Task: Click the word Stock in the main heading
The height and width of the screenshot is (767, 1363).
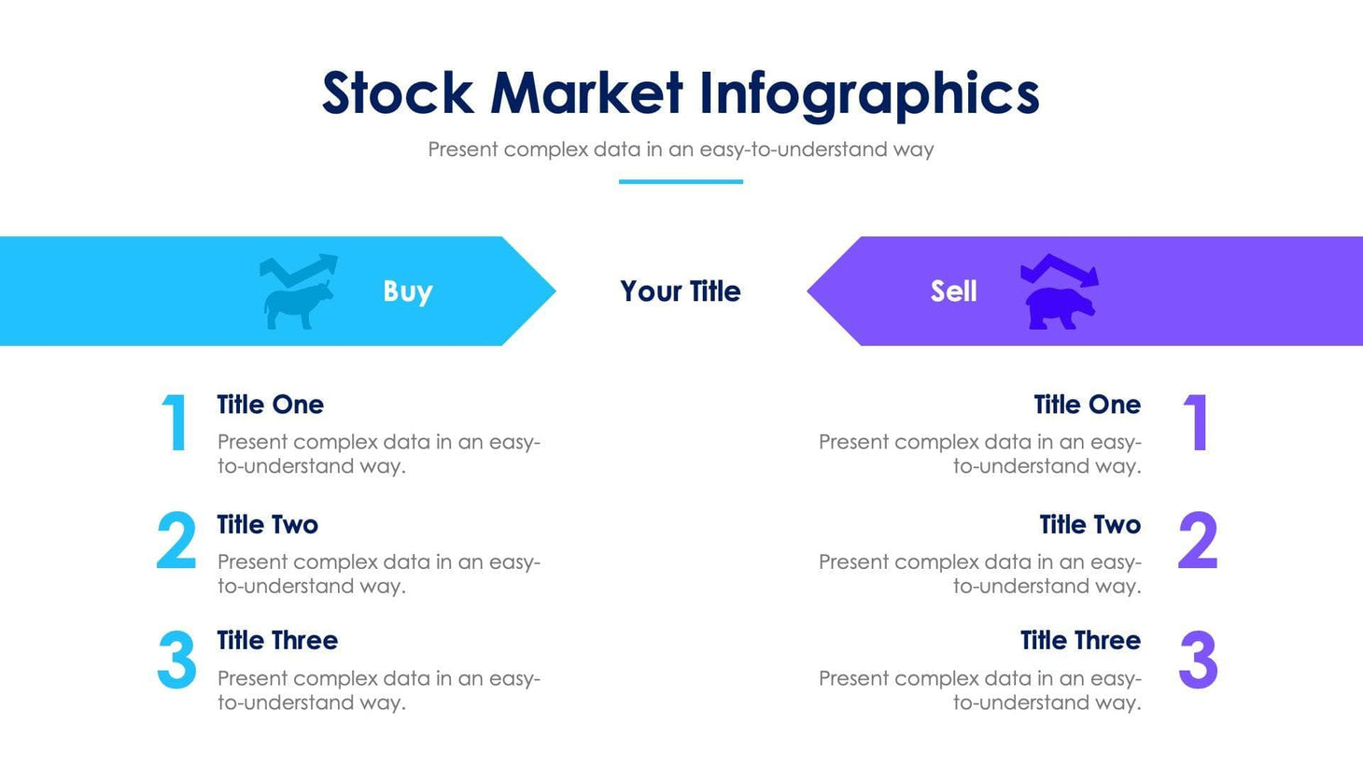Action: click(398, 93)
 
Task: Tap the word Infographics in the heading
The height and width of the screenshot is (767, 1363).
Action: click(868, 95)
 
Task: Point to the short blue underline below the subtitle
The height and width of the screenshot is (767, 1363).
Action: click(681, 181)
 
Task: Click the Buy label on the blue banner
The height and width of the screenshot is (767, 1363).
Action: click(407, 291)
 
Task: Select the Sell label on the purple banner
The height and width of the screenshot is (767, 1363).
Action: click(953, 291)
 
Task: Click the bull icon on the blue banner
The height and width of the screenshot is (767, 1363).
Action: click(298, 305)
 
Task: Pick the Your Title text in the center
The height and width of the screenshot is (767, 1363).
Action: click(681, 291)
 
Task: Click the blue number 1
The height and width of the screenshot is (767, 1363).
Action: click(175, 422)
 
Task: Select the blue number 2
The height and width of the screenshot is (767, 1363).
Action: click(176, 541)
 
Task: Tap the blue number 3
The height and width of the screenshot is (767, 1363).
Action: click(176, 660)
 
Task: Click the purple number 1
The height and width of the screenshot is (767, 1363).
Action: click(1196, 422)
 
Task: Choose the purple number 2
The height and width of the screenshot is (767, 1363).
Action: click(1198, 541)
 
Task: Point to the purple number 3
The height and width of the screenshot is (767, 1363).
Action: click(1198, 660)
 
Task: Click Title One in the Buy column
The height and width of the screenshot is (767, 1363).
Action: click(270, 405)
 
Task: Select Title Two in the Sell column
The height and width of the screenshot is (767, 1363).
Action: click(1089, 525)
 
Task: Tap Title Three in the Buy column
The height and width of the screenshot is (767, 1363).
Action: click(277, 641)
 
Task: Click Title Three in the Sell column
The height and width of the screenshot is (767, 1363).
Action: click(1080, 641)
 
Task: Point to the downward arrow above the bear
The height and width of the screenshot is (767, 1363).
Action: click(1061, 270)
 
